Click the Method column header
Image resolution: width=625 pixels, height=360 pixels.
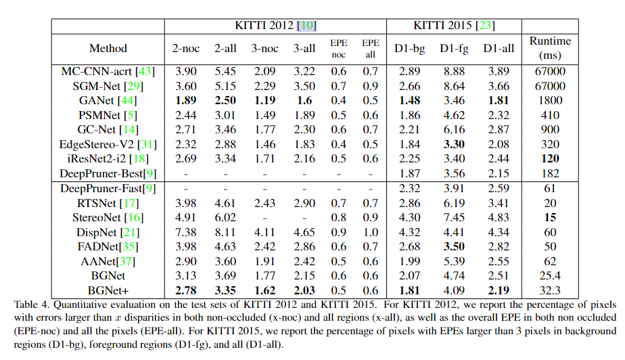(108, 48)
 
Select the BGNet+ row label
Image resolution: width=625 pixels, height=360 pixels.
(108, 291)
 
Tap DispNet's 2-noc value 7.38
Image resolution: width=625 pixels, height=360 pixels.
(185, 232)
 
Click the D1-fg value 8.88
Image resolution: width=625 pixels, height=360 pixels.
(455, 71)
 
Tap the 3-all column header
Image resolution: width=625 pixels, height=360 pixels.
(304, 48)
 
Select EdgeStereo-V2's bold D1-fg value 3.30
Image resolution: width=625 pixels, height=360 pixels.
(455, 144)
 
